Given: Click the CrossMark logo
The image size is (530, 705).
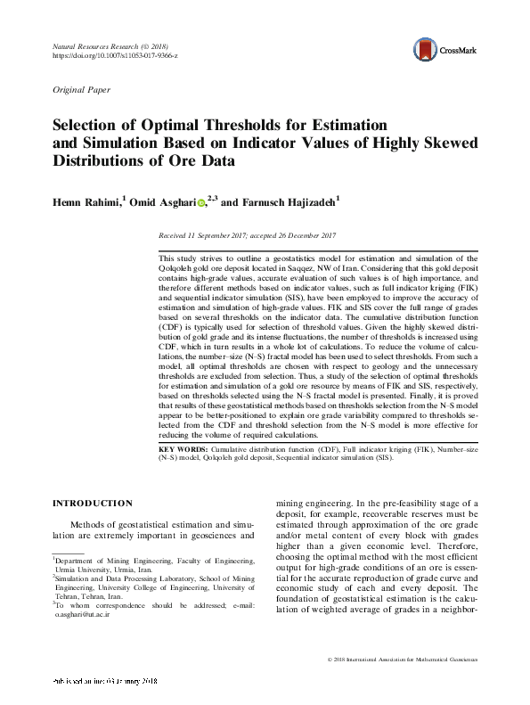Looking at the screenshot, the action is click(443, 50).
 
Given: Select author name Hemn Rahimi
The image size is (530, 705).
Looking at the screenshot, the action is click(85, 203).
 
